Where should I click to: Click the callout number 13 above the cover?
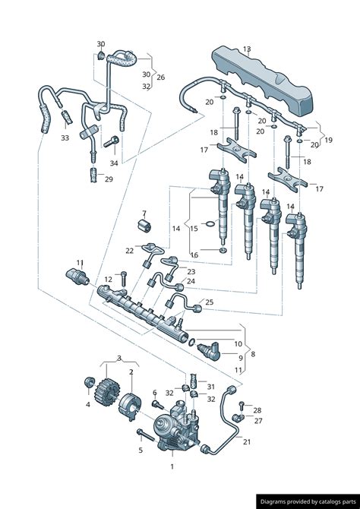click(247, 49)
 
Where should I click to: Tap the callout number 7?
click(144, 213)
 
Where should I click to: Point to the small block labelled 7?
click(144, 226)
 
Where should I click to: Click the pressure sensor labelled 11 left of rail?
click(77, 277)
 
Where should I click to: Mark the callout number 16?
click(194, 255)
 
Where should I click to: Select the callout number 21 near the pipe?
click(247, 441)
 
